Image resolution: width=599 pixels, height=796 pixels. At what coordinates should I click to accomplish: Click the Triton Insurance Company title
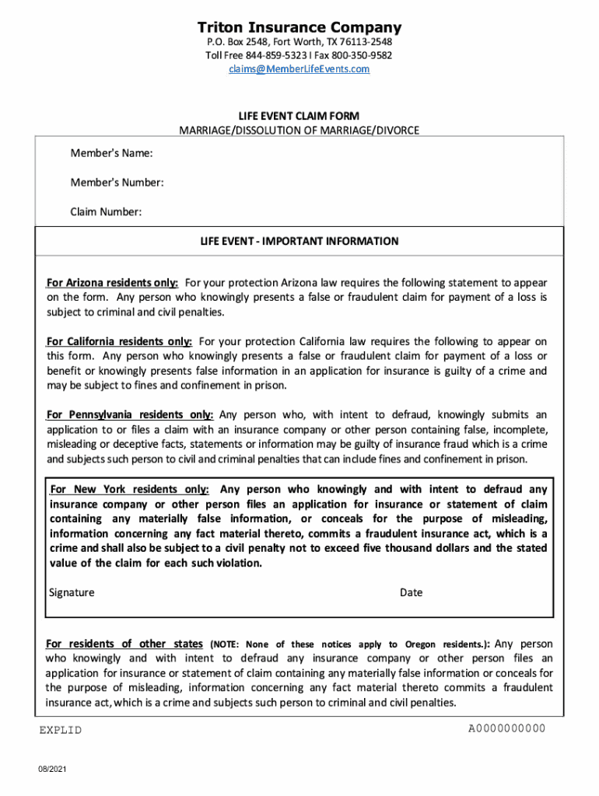[299, 27]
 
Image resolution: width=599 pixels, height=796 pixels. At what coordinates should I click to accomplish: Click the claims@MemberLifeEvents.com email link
[299, 69]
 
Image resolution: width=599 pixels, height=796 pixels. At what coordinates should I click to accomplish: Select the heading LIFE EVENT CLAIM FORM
[299, 116]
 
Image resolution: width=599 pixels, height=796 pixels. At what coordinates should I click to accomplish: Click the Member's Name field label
[111, 153]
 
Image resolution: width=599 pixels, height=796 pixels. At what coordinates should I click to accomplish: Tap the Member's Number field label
[117, 183]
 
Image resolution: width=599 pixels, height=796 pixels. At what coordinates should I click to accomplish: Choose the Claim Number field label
[106, 211]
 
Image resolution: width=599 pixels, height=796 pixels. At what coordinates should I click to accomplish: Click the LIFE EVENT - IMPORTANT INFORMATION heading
[299, 241]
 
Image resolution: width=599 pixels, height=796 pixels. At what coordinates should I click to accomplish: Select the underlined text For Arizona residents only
[112, 282]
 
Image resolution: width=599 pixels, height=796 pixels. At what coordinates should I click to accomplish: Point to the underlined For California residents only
[119, 341]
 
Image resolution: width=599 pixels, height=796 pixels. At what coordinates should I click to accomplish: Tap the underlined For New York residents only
[129, 490]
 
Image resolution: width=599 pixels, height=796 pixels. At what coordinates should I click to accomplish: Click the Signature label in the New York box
[72, 592]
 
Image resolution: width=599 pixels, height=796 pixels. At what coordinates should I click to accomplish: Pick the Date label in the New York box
[411, 592]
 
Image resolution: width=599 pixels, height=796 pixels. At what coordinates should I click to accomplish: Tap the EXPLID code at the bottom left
[61, 730]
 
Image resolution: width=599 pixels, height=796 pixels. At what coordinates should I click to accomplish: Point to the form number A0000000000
[506, 728]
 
